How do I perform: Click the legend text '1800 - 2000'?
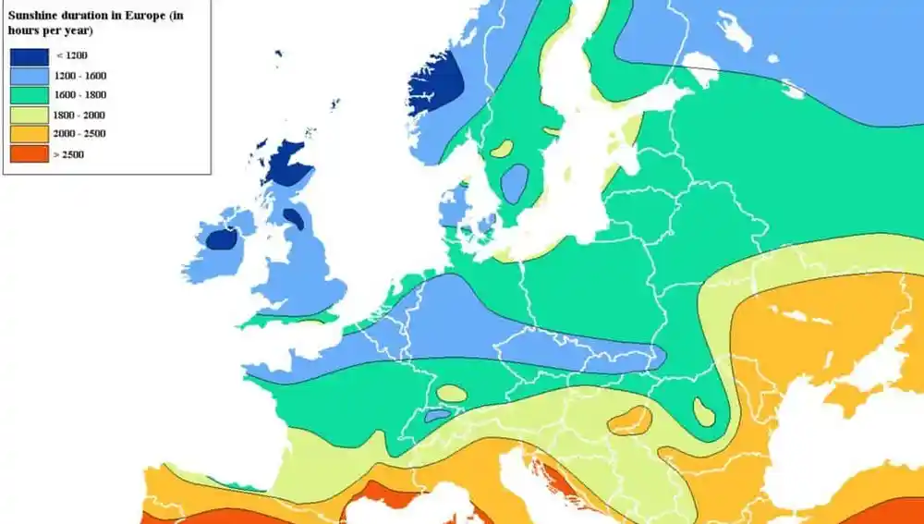coord(80,115)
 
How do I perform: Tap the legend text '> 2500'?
coord(68,154)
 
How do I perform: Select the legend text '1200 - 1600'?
coord(80,75)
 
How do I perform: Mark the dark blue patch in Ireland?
coord(221,239)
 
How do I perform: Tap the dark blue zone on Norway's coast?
coord(436,83)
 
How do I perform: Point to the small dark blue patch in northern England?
coord(294,219)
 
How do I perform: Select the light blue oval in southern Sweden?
coord(515,183)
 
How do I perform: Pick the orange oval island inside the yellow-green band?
coord(629,420)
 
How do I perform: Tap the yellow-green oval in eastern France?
coord(452,393)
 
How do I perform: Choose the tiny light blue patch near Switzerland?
coord(437,416)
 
